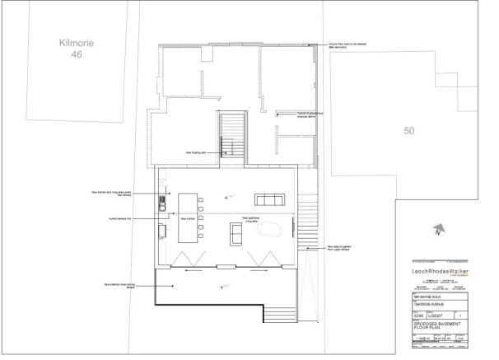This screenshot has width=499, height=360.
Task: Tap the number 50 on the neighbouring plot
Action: [408, 130]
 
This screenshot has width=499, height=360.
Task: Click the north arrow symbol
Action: [439, 231]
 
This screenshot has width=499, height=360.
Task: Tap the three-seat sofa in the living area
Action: [270, 200]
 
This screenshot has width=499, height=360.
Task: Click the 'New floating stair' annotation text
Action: [197, 152]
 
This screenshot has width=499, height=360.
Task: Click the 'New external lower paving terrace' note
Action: [119, 284]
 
